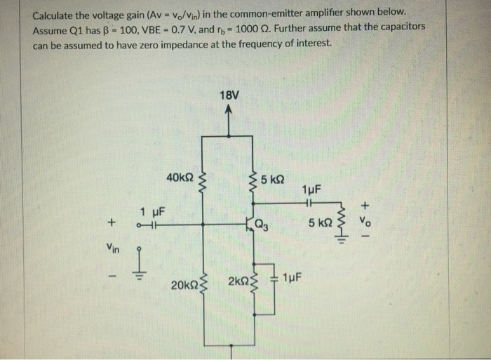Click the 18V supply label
(229, 95)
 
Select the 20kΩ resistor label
(184, 286)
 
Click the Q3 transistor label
(262, 226)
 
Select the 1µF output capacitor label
(311, 189)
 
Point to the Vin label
(112, 246)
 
